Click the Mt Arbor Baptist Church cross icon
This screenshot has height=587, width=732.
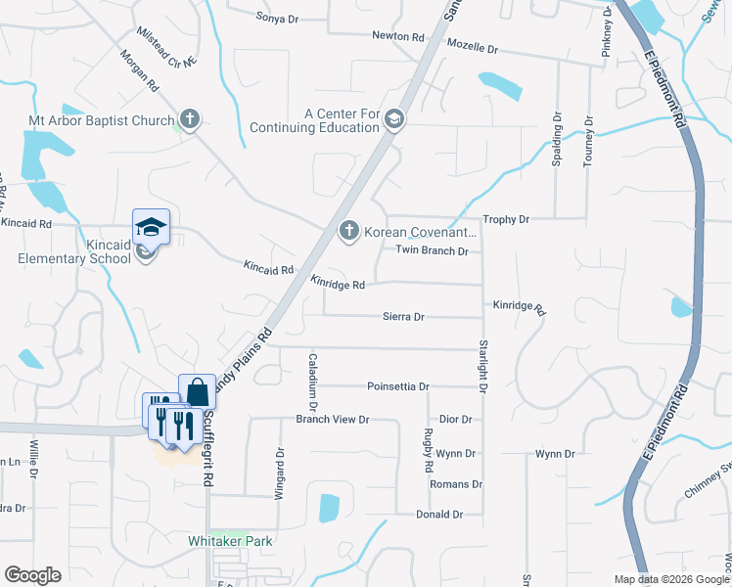[190, 120]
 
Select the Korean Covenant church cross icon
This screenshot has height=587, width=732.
[347, 231]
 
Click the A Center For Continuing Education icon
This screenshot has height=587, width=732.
[394, 119]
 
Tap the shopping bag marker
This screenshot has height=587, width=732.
[196, 391]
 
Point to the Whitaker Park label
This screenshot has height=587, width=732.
[230, 540]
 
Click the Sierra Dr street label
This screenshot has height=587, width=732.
[403, 317]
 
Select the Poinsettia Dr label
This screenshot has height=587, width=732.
[398, 386]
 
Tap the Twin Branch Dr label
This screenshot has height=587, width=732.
[432, 251]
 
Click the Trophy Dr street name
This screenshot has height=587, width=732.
[506, 220]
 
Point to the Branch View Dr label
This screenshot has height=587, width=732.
[333, 420]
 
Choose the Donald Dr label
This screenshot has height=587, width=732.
[439, 514]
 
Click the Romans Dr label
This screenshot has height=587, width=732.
[457, 484]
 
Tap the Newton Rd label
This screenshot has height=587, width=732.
[398, 36]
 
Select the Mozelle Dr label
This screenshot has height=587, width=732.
[473, 47]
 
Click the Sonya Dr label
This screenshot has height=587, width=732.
[276, 17]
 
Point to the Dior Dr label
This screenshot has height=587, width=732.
[455, 419]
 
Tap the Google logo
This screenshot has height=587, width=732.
[32, 575]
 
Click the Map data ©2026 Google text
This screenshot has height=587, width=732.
[670, 579]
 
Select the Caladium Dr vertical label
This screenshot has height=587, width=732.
[313, 381]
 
